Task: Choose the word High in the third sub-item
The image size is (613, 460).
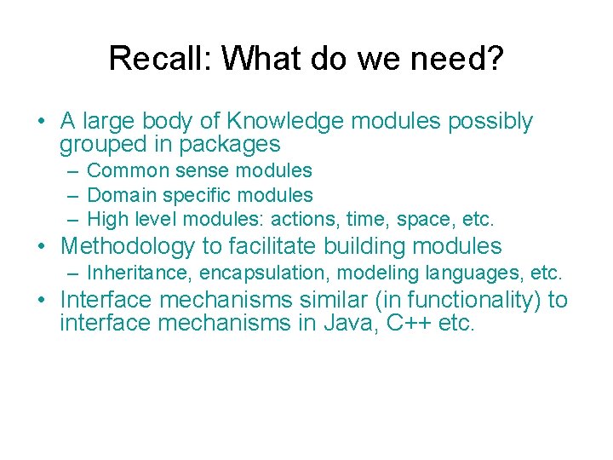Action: tap(107, 219)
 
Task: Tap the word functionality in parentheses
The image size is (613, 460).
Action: tap(455, 300)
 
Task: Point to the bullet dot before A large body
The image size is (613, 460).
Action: tap(43, 122)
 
